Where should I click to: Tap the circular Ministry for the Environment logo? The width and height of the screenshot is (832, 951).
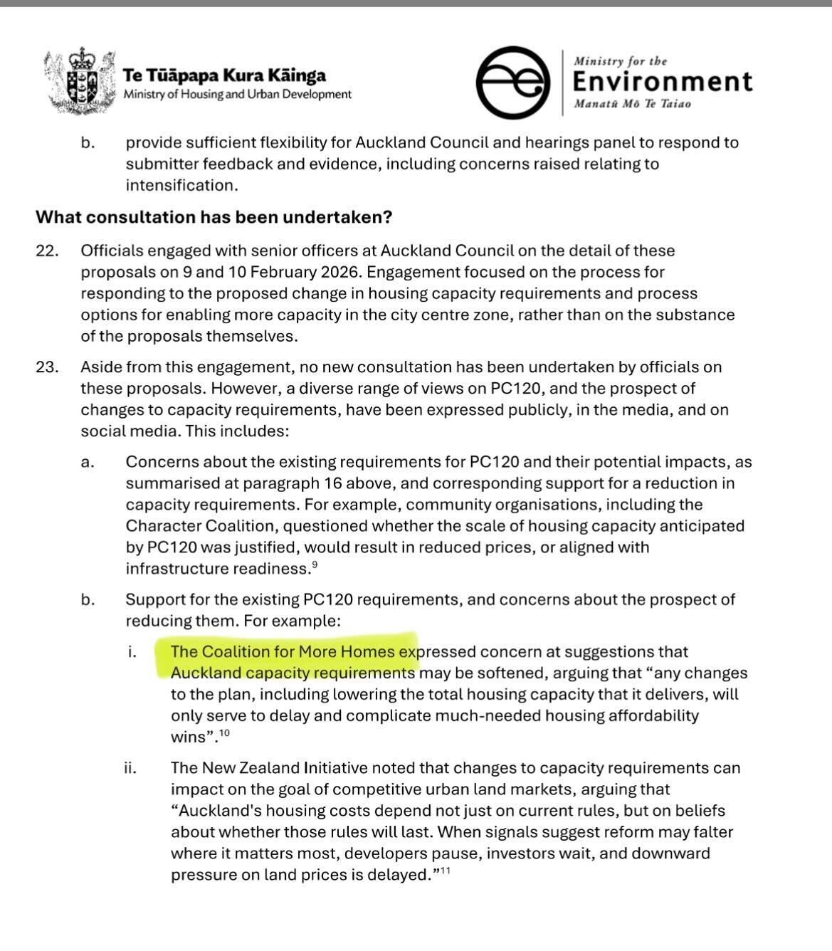click(512, 82)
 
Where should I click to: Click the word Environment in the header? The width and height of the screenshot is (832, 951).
click(662, 82)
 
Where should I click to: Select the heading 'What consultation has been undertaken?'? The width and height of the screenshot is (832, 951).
click(214, 217)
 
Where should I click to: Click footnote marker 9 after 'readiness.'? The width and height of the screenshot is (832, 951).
click(314, 565)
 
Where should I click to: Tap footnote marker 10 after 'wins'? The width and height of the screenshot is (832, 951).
click(224, 733)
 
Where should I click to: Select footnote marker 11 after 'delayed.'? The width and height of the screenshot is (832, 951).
click(445, 871)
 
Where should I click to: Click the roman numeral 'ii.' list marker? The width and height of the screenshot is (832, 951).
click(130, 769)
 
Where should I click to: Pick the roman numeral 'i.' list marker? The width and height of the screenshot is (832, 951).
click(132, 652)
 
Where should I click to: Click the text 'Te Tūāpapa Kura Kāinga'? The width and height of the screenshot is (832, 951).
click(224, 75)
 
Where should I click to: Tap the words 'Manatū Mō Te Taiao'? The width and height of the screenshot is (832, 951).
click(632, 104)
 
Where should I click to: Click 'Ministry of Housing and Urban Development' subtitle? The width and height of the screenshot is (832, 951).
click(237, 95)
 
